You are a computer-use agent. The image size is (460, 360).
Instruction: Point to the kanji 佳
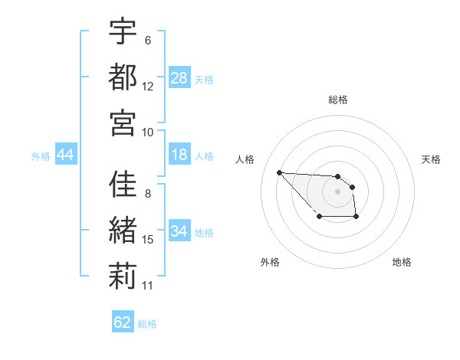coord(123,185)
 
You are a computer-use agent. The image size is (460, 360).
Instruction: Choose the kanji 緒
coord(123,231)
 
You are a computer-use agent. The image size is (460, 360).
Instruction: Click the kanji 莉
coord(123,277)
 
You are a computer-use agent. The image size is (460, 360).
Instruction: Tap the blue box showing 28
coord(179,77)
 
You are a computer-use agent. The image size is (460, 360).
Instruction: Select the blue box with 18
coord(179,155)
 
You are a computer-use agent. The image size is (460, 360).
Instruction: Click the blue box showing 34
coord(179,231)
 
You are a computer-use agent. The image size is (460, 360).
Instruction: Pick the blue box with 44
coord(66,155)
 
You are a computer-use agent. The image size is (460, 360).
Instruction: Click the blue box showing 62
coord(123,322)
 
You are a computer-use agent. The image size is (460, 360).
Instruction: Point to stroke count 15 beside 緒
coord(148,240)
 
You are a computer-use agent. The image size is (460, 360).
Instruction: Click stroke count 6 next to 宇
coord(148,40)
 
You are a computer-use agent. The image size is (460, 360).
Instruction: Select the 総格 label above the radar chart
coord(338,100)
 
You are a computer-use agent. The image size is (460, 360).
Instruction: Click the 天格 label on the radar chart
coord(432,159)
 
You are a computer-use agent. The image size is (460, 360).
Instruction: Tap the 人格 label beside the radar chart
coord(245,159)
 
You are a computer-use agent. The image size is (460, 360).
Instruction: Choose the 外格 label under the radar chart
coord(270,262)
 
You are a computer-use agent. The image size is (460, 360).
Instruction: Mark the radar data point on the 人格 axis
coord(279,172)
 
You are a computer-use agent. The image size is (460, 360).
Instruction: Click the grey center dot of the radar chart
coord(337,191)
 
